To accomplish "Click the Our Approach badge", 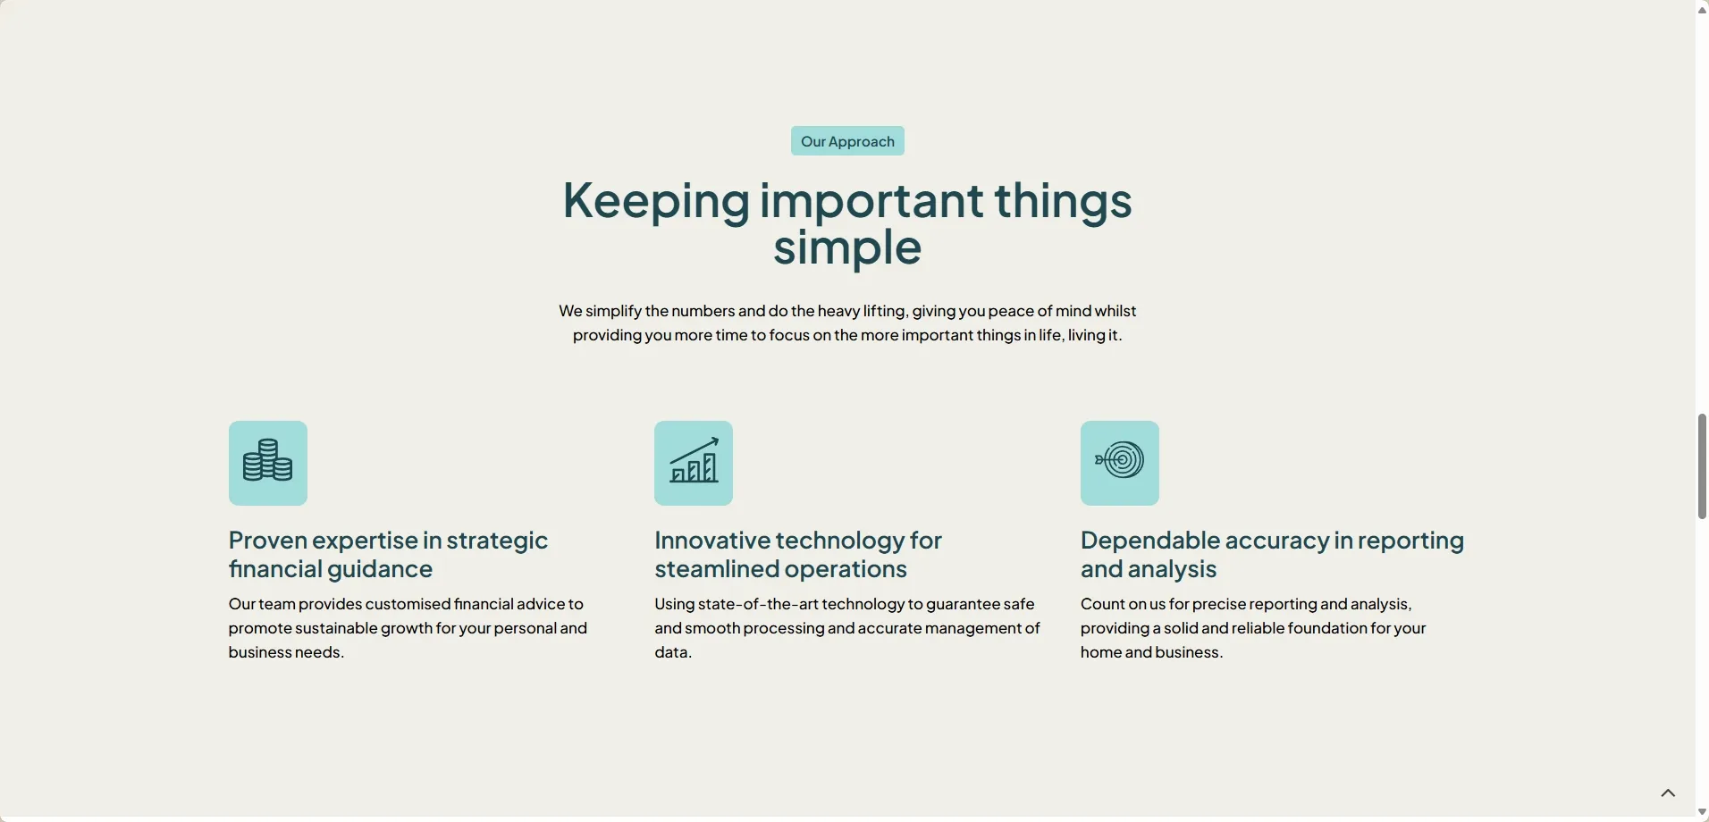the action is [x=847, y=141].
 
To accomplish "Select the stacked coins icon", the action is [x=268, y=460].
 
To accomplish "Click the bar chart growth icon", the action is [x=694, y=460].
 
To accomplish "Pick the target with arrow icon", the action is [x=1119, y=461].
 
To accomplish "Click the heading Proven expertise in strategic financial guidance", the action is [x=388, y=554].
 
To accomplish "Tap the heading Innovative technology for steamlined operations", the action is [x=798, y=554].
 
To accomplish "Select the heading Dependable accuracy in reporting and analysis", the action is [x=1272, y=554].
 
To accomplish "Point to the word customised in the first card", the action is [x=408, y=604].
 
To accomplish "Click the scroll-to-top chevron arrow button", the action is [x=1668, y=793].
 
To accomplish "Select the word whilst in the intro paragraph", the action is [x=1115, y=311].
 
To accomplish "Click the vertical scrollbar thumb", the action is [x=1702, y=466].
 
